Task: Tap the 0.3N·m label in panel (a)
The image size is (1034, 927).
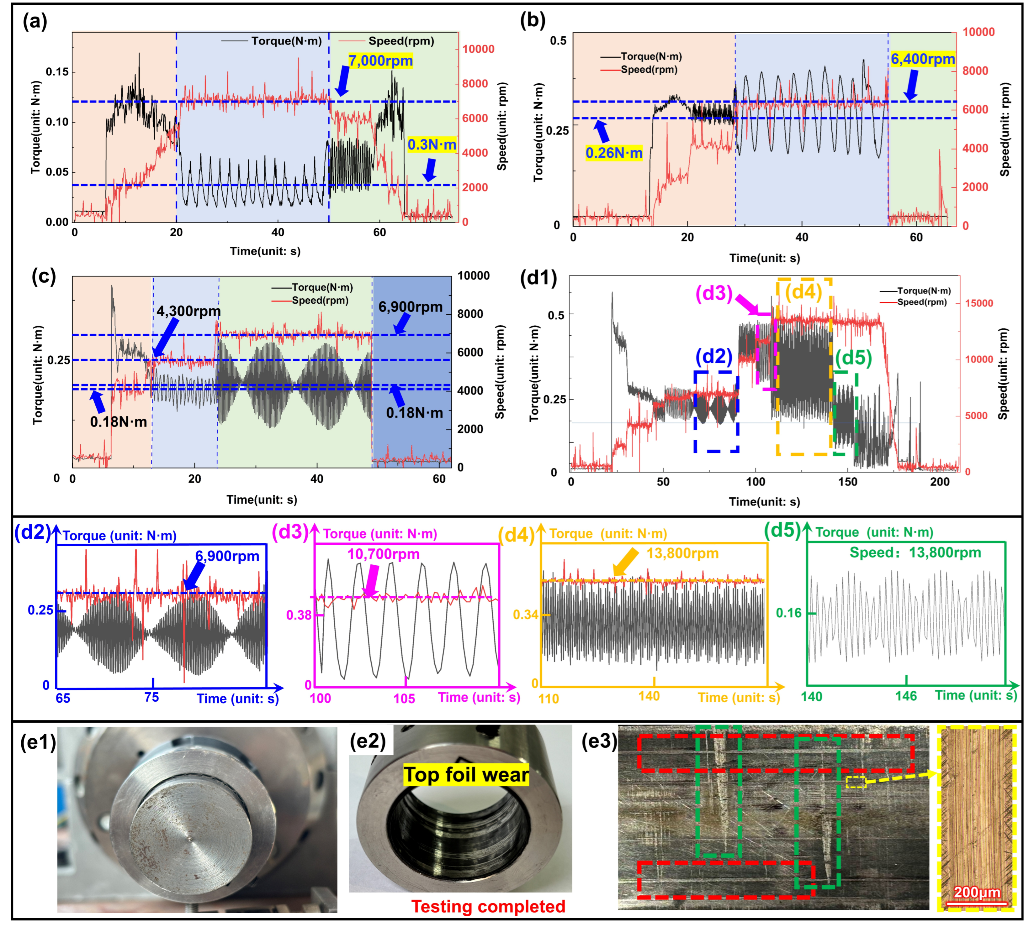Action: (431, 145)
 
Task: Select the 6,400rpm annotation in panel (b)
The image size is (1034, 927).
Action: (922, 59)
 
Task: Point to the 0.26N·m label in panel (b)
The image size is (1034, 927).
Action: (613, 153)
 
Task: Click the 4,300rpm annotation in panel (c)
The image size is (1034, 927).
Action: (188, 311)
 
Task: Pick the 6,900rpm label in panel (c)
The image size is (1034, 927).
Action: (410, 307)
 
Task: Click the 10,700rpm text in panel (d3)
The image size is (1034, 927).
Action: (383, 554)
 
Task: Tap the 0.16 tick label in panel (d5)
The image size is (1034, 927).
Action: (788, 613)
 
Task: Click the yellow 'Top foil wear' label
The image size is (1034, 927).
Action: (466, 775)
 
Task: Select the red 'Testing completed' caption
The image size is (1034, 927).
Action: (488, 907)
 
